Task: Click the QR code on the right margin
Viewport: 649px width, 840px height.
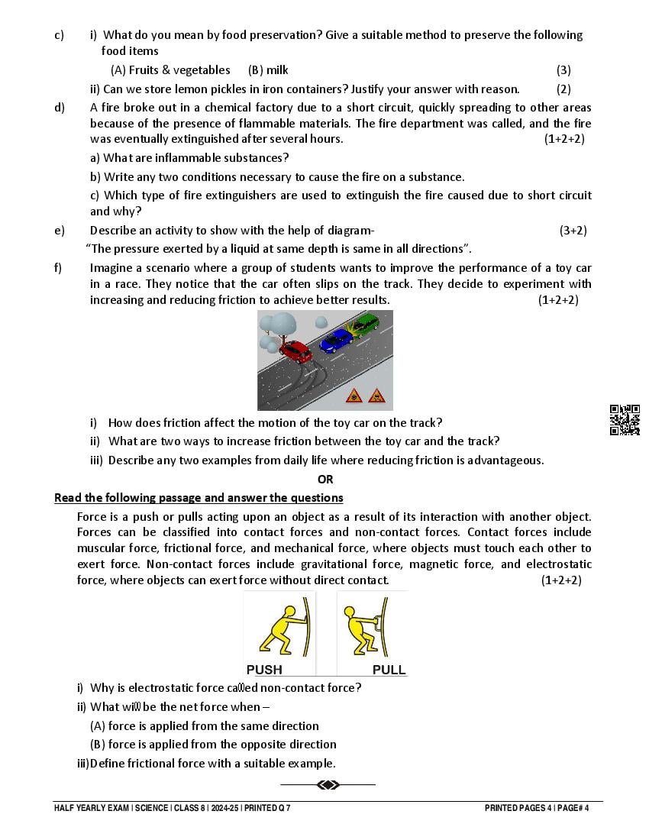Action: (624, 419)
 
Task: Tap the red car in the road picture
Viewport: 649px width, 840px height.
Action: (296, 351)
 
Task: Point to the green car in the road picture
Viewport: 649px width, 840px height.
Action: (365, 324)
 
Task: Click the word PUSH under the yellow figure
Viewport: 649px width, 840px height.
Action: (264, 670)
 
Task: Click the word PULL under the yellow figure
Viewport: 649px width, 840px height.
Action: (389, 670)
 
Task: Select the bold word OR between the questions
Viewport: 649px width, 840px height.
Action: (325, 480)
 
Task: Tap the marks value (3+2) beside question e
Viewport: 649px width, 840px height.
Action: (573, 230)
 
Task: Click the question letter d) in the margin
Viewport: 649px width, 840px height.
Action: (60, 107)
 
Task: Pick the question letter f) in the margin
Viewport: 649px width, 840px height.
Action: (59, 267)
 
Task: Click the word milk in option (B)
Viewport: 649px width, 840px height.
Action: (277, 69)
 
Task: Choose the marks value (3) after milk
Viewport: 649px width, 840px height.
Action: (563, 69)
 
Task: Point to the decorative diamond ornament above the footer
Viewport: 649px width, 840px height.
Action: (328, 784)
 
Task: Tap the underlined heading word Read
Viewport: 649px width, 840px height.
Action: (67, 498)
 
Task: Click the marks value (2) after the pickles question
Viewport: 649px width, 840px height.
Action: (563, 89)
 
